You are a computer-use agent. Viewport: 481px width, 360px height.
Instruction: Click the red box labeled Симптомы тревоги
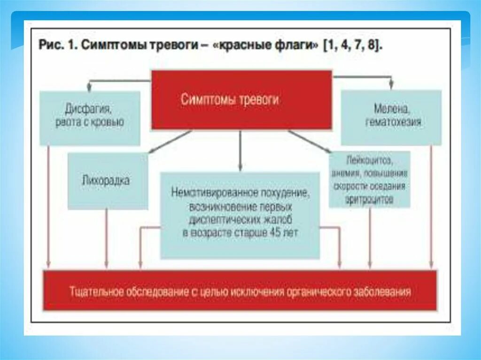point(241,100)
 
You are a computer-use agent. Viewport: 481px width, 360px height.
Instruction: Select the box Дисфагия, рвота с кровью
point(90,117)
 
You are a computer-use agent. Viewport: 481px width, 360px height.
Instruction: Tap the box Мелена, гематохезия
point(391,117)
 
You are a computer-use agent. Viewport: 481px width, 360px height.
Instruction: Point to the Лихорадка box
point(108,181)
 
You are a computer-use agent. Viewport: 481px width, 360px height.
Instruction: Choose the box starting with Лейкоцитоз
point(370,179)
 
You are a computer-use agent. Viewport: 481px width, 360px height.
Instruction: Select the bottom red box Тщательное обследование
point(240,291)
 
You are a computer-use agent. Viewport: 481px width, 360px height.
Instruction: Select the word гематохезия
point(393,123)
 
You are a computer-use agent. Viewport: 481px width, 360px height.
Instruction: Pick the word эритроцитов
point(370,199)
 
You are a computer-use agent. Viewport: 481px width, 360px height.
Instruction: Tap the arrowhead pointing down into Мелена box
point(391,86)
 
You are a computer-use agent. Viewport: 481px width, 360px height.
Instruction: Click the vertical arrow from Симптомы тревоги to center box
point(240,150)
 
